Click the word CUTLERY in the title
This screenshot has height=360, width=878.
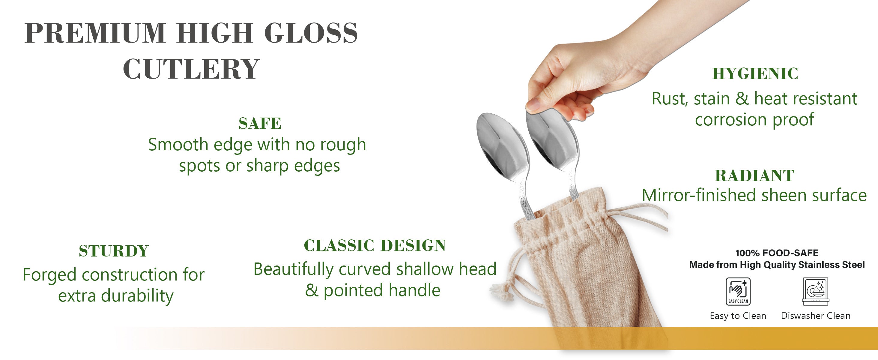191,69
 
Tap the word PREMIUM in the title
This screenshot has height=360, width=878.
95,33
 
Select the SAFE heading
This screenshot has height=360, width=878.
260,123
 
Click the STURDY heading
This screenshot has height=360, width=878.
114,251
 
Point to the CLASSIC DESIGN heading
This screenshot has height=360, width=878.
375,245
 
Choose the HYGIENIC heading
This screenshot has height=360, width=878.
755,73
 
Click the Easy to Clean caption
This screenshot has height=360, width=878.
738,316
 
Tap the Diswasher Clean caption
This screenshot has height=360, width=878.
816,316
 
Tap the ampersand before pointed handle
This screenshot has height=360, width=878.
312,290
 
